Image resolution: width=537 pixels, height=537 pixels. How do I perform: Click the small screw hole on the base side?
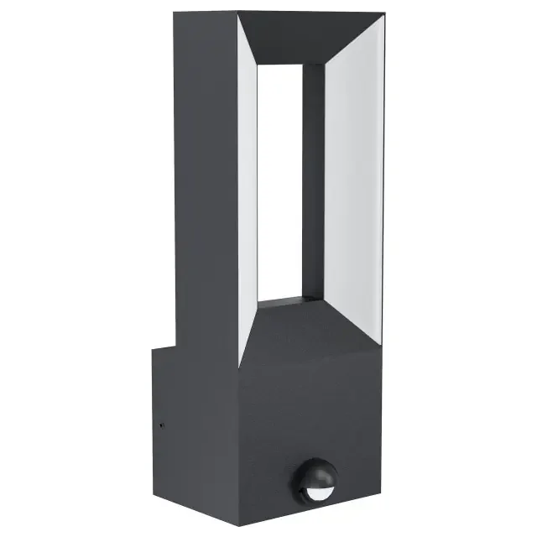coord(161,425)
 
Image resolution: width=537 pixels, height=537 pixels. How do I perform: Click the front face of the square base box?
coord(310,420)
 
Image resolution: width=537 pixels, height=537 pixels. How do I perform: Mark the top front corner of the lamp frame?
coord(237,11)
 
